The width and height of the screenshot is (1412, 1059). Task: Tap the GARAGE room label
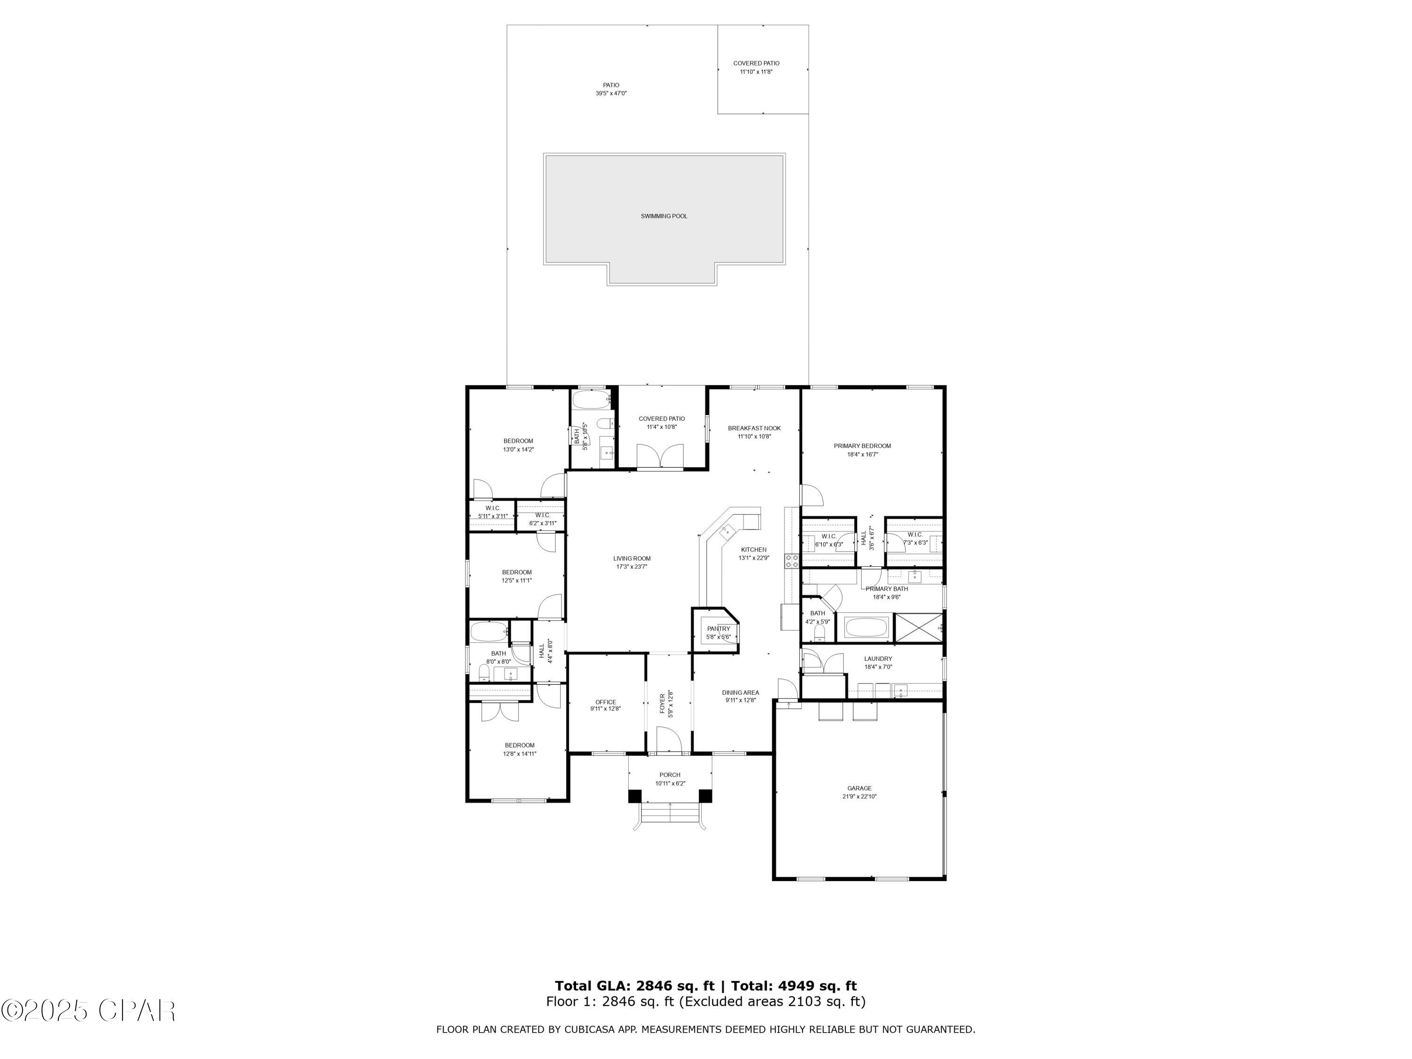(859, 788)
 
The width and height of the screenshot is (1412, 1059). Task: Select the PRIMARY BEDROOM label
(862, 446)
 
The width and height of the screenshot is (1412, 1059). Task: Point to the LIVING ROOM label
(632, 559)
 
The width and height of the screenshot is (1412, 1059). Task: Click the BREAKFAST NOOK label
(754, 428)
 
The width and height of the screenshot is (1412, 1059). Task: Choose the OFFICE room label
(606, 702)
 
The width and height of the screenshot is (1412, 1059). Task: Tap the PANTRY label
(718, 629)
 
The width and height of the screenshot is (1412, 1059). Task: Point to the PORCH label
(670, 775)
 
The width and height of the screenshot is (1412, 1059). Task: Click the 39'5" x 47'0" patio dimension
(611, 94)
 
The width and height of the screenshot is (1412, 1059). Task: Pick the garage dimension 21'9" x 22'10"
(859, 797)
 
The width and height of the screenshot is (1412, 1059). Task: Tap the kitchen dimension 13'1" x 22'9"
(754, 558)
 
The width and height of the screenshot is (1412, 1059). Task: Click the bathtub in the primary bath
(866, 627)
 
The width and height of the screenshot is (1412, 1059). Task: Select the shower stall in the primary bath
(919, 627)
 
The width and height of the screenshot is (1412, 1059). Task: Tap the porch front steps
(670, 814)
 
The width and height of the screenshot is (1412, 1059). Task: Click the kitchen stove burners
(792, 561)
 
